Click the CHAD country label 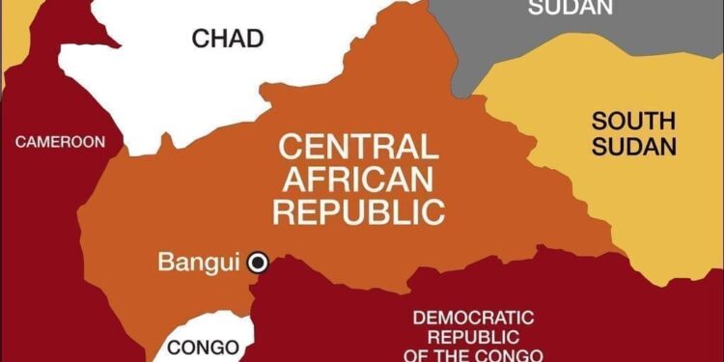(x=227, y=39)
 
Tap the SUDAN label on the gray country (x=571, y=8)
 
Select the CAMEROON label (x=60, y=142)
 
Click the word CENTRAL (x=357, y=147)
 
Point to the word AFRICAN (x=357, y=179)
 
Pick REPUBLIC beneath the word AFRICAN (x=358, y=211)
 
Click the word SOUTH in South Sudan (x=634, y=122)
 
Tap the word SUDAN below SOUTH (x=634, y=148)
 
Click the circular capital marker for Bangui (x=257, y=262)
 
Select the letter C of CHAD (x=200, y=39)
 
